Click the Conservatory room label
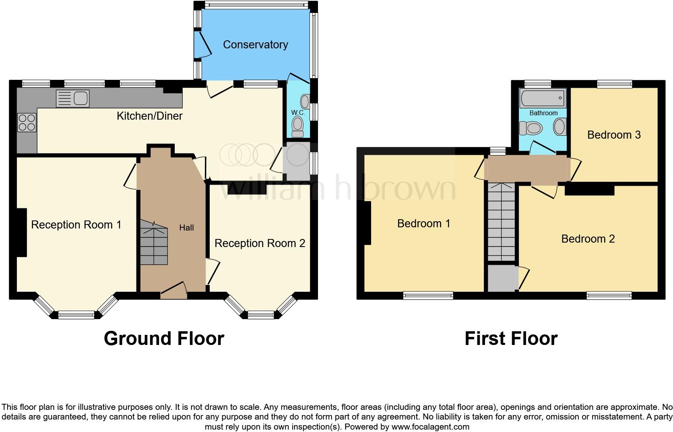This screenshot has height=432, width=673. tap(255, 44)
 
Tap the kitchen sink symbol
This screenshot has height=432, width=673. tap(73, 99)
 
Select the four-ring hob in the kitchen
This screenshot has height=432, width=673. tap(27, 123)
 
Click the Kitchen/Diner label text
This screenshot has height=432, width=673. tap(149, 116)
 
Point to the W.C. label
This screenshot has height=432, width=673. tap(298, 112)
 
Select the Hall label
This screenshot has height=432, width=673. tap(186, 228)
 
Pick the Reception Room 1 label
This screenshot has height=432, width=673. tap(76, 224)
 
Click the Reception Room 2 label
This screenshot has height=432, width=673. tap(260, 243)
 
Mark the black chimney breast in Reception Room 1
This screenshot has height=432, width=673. tap(21, 232)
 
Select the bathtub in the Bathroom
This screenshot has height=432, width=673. tap(543, 98)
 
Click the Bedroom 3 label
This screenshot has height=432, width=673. tap(613, 135)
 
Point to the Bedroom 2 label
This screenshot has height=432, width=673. tap(588, 239)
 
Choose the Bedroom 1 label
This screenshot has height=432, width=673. tap(423, 223)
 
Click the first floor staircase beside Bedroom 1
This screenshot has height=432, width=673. tap(501, 222)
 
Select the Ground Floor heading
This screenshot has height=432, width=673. tap(164, 339)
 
